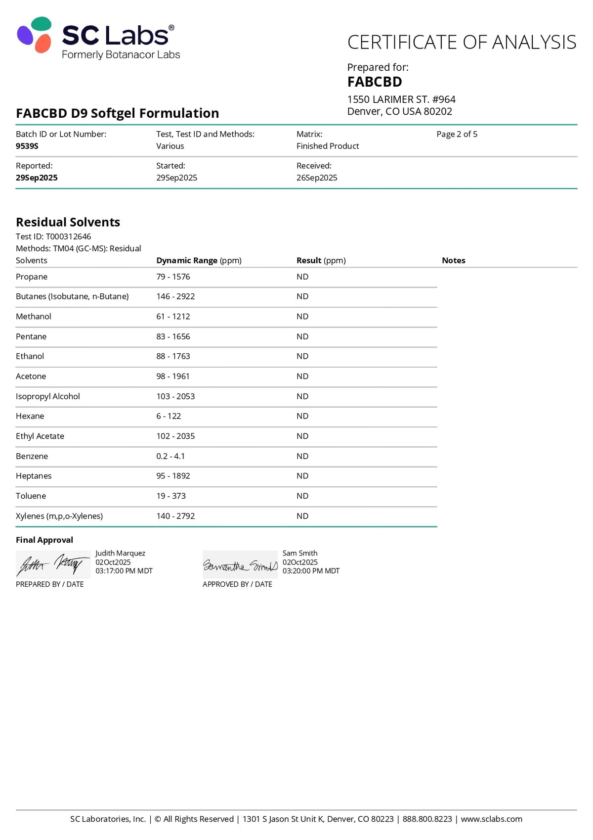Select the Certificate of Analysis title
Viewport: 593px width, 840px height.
(462, 43)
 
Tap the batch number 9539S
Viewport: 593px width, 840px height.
(27, 146)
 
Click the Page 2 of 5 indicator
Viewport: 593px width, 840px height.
(457, 134)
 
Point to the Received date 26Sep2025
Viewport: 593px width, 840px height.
(317, 178)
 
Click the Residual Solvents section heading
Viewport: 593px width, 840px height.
(68, 222)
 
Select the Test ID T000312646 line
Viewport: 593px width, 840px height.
(53, 236)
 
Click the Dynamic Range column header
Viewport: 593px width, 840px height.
(199, 260)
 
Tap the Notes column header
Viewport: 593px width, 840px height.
(453, 260)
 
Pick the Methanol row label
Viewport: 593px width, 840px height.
(34, 317)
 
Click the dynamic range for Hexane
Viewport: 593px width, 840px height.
(169, 416)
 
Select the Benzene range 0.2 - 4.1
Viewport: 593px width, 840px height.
(170, 456)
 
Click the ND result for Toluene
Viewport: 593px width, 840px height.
(302, 496)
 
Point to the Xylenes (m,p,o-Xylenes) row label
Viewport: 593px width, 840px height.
(59, 516)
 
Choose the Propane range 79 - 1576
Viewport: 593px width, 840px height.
(173, 277)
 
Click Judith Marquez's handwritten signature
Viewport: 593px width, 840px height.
(53, 564)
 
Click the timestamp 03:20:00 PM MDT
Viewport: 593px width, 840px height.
(311, 571)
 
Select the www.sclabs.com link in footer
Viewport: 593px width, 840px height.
(491, 819)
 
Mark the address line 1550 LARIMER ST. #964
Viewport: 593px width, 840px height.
(401, 99)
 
